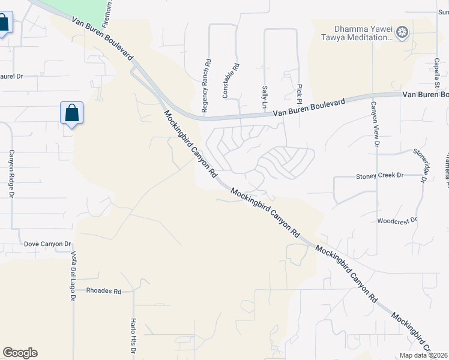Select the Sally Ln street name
[x=264, y=97]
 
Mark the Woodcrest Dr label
[x=397, y=221]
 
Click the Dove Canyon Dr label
[x=47, y=244]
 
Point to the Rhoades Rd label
[x=104, y=291]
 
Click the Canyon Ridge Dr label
[x=11, y=174]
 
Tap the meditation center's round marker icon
[x=403, y=31]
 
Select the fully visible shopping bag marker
[x=71, y=113]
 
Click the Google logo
[x=20, y=353]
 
